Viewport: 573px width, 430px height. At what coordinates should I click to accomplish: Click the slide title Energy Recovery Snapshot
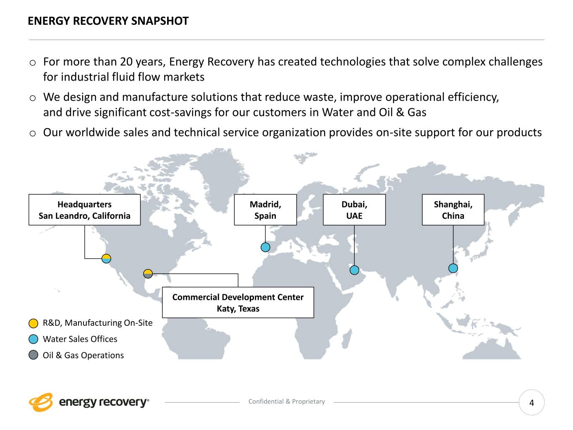pos(108,21)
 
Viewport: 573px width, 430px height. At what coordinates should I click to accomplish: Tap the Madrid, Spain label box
pos(265,210)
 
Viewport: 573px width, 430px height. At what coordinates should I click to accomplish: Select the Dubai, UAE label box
pos(354,210)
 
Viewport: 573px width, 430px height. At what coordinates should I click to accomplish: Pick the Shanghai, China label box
pos(453,210)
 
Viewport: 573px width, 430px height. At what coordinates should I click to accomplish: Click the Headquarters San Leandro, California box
pos(84,210)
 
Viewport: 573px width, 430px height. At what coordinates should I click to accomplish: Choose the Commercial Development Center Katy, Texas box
pos(238,303)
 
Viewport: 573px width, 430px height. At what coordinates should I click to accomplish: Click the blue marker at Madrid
pos(265,247)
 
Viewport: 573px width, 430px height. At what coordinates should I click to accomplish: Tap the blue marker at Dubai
pos(354,270)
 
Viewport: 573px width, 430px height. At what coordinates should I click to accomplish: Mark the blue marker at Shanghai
pos(453,268)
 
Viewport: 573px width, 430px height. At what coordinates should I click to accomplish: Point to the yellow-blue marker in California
pos(107,259)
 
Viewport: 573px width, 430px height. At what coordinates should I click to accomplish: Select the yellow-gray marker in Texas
pos(148,274)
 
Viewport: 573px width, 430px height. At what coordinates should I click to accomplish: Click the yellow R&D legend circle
pos(34,323)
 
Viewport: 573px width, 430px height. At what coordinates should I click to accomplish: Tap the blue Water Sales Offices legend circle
pos(34,339)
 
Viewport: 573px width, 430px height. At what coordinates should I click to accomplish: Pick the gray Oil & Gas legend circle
pos(34,355)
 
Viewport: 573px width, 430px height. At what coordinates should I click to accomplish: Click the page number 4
pos(531,403)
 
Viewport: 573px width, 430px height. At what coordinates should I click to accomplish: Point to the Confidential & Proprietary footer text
pos(287,401)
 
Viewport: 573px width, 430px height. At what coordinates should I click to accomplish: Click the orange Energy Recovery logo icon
pos(41,402)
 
